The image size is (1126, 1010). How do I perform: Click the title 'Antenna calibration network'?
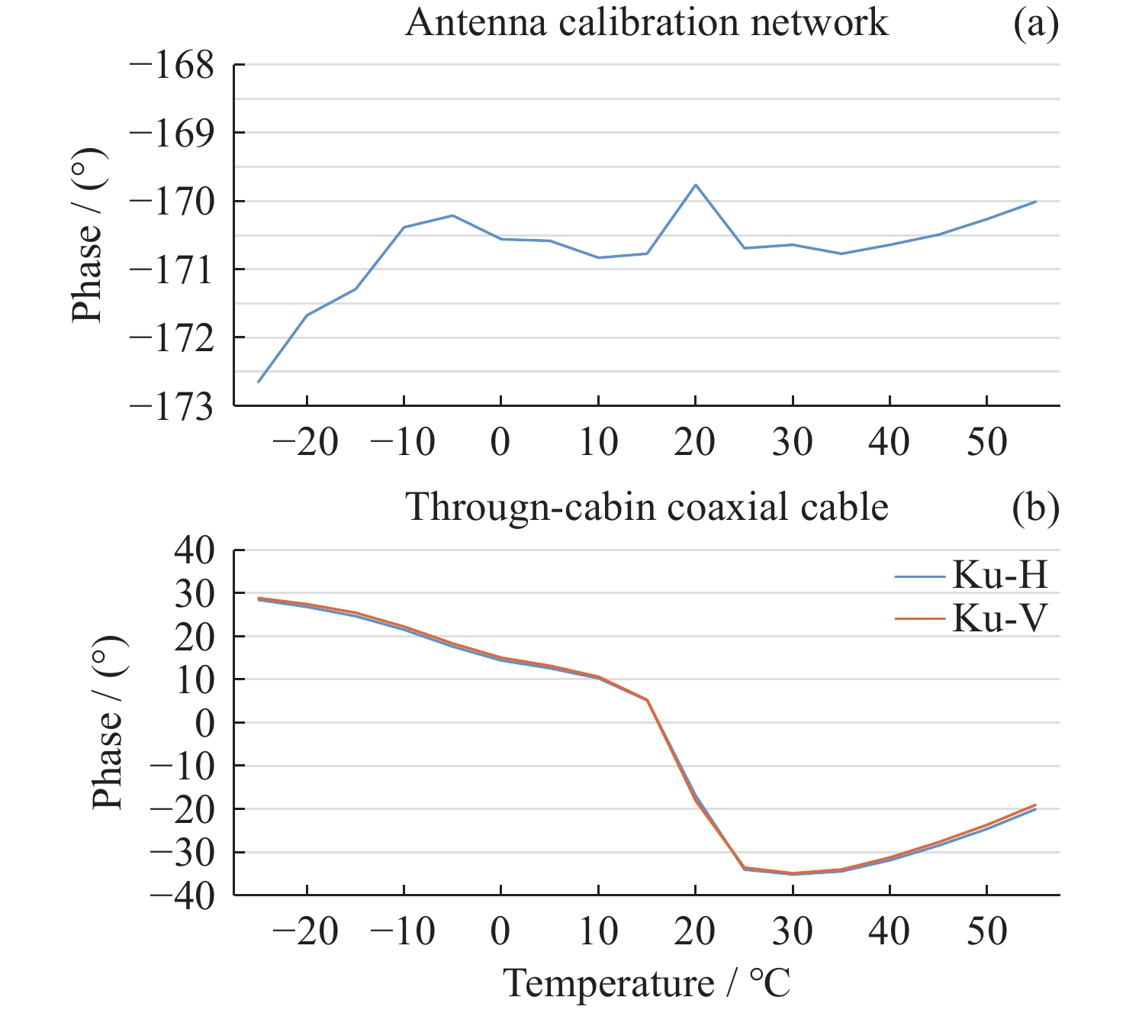tap(646, 23)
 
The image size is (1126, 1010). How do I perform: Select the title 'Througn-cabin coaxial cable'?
tap(646, 507)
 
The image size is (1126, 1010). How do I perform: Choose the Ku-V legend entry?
tap(999, 618)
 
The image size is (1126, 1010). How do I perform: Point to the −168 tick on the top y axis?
tap(172, 65)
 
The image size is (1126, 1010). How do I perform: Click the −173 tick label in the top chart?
tap(172, 405)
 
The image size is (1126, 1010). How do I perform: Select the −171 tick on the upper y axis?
tap(172, 269)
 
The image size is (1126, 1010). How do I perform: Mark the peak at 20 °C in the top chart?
tap(696, 185)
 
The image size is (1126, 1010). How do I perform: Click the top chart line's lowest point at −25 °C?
tap(259, 382)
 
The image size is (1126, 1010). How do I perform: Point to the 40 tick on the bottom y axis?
tap(195, 550)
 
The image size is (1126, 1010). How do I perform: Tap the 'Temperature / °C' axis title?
tap(647, 983)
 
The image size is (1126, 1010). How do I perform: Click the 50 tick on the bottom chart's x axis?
tap(986, 931)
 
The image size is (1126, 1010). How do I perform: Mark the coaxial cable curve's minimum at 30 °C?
tap(793, 873)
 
